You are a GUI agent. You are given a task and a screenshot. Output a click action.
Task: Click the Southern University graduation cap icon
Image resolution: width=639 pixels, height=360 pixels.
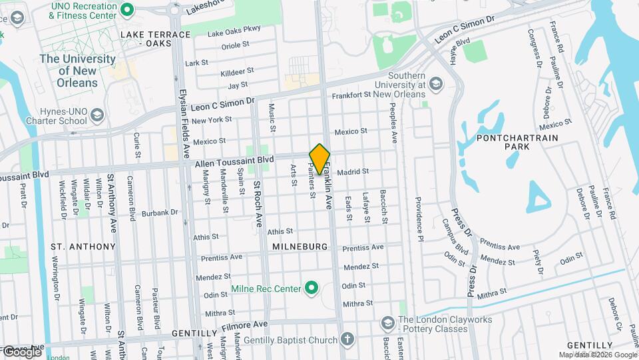click(x=435, y=83)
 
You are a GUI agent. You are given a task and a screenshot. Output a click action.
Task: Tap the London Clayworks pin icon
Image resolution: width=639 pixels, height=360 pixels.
click(x=387, y=323)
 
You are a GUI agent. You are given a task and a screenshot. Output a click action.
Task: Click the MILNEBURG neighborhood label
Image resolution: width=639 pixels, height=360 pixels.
click(x=300, y=247)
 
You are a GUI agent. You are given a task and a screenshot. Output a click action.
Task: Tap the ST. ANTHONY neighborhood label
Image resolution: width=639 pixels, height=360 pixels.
click(x=83, y=247)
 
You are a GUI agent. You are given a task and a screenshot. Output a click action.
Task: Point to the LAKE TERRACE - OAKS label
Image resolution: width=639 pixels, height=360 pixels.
click(x=146, y=38)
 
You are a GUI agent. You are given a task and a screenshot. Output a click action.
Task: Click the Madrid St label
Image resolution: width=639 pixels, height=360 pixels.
click(x=353, y=172)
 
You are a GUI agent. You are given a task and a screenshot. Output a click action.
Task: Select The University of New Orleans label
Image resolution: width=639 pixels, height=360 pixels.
click(x=78, y=71)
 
